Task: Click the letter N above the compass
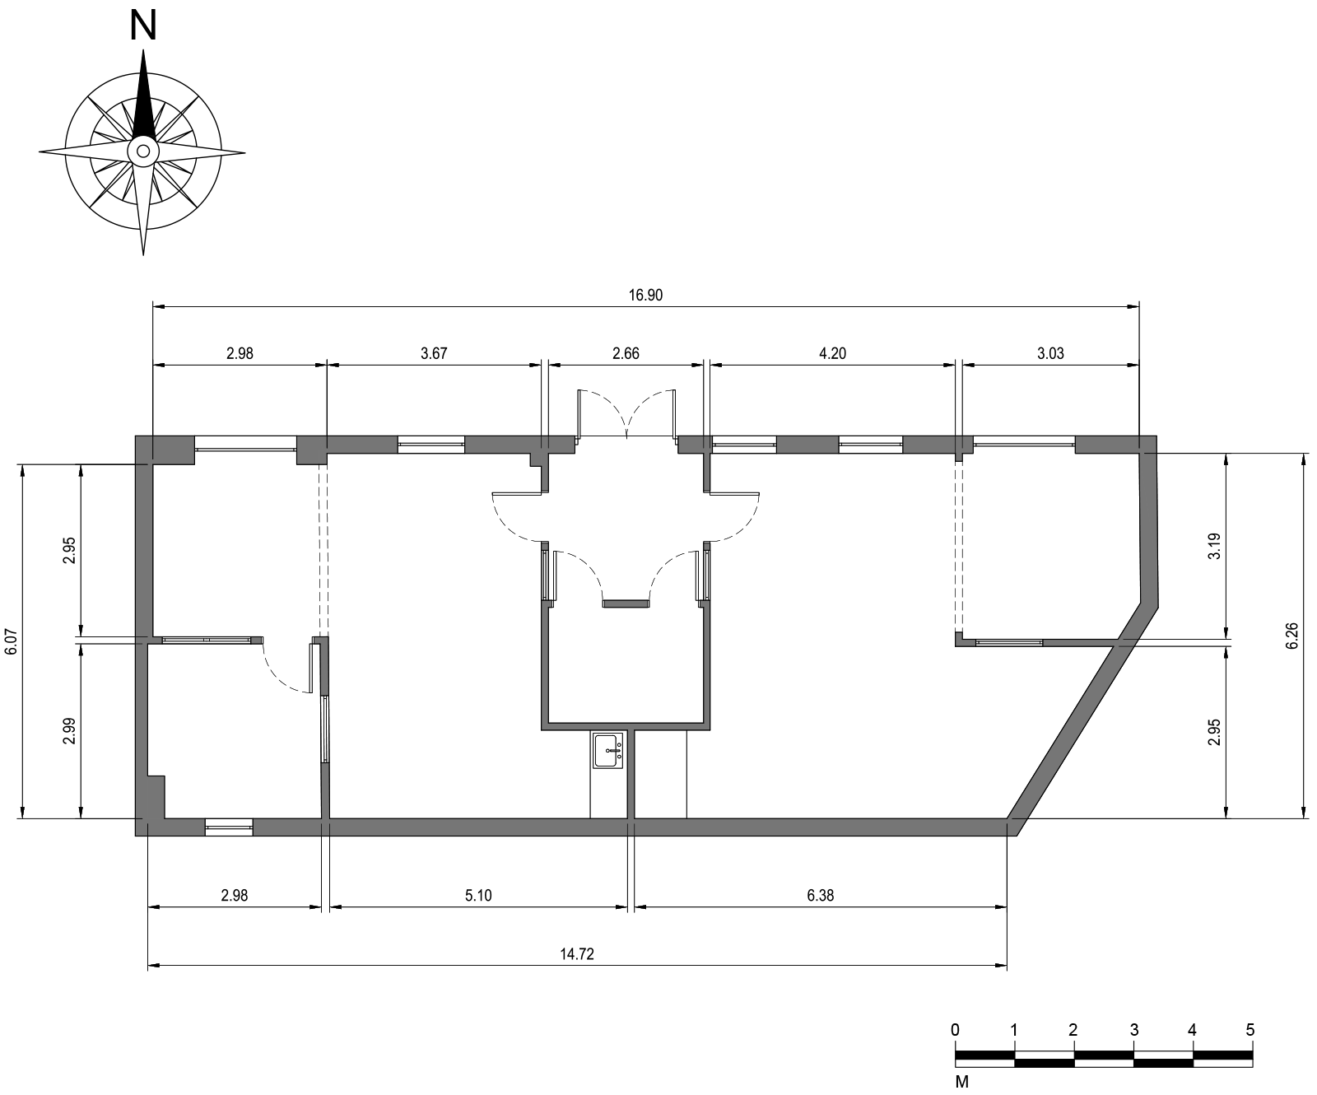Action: tap(143, 26)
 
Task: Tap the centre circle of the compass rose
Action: tap(143, 151)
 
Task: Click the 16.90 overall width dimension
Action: tap(645, 296)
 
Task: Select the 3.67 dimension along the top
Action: tap(433, 353)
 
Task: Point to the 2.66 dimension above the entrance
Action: tap(626, 353)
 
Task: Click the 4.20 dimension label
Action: tap(832, 353)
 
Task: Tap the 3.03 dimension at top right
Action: tap(1050, 353)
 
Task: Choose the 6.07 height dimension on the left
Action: tap(11, 641)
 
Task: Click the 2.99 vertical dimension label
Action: tap(69, 730)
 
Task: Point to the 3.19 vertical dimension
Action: tap(1214, 546)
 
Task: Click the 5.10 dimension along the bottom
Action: tap(478, 896)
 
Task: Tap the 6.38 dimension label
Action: tap(820, 896)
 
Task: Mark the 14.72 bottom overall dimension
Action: tap(577, 955)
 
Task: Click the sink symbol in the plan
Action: tap(608, 750)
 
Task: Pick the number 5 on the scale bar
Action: tap(1250, 1030)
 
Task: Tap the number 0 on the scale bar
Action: tap(955, 1030)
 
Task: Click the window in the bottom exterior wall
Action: tap(229, 827)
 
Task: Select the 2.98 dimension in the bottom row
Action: tap(235, 896)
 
